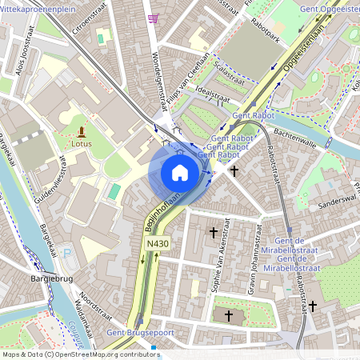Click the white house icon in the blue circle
tap(180, 172)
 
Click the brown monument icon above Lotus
tap(81, 132)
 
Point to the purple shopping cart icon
tap(153, 18)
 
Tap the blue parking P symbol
tap(66, 254)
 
